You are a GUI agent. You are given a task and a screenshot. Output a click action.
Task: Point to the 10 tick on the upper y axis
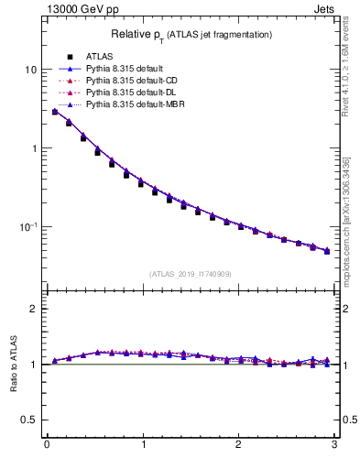click(30, 70)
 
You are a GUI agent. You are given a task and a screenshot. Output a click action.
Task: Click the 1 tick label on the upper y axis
click(33, 148)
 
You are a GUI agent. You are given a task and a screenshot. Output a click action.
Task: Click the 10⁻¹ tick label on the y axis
click(27, 226)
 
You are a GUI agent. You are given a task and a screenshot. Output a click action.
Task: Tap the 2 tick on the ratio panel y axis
click(33, 309)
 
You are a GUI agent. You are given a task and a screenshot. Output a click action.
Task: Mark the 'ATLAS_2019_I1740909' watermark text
click(191, 274)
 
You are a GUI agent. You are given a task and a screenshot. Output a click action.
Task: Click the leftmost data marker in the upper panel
click(55, 112)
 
